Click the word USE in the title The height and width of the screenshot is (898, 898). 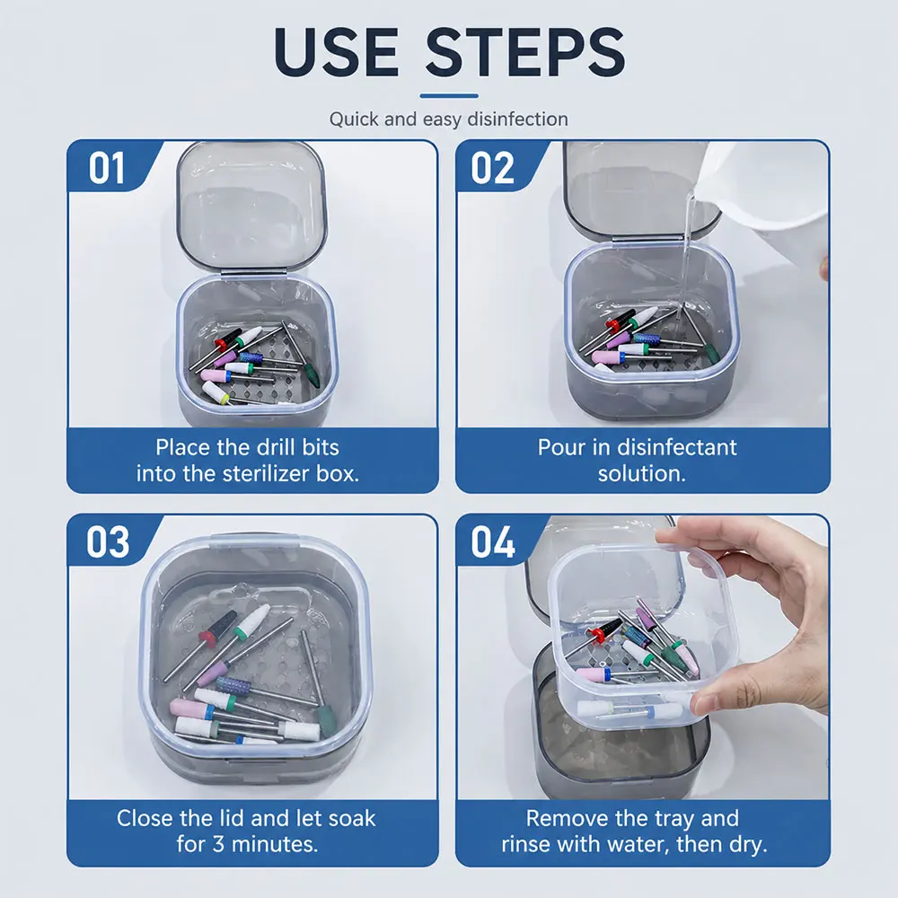[336, 51]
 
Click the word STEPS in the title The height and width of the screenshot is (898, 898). [525, 51]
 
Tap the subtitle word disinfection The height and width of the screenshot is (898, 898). [518, 119]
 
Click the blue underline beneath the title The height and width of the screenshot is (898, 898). [449, 96]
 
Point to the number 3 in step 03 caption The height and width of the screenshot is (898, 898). [218, 844]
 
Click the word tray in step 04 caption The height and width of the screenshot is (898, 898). [676, 819]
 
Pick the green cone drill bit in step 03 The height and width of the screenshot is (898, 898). [327, 720]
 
